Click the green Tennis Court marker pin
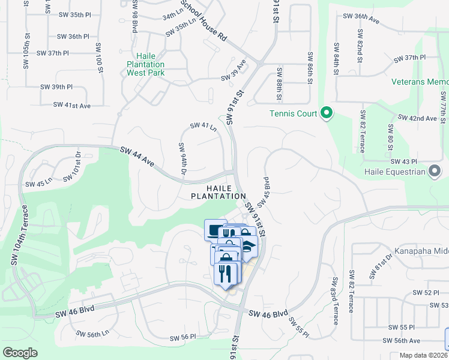[327, 113]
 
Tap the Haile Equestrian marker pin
[435, 172]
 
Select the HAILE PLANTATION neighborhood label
[218, 192]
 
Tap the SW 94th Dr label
[182, 160]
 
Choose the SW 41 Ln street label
[203, 126]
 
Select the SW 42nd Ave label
[418, 118]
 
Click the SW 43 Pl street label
[403, 162]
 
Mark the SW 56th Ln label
[92, 334]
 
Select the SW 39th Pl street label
[56, 87]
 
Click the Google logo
[20, 353]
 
